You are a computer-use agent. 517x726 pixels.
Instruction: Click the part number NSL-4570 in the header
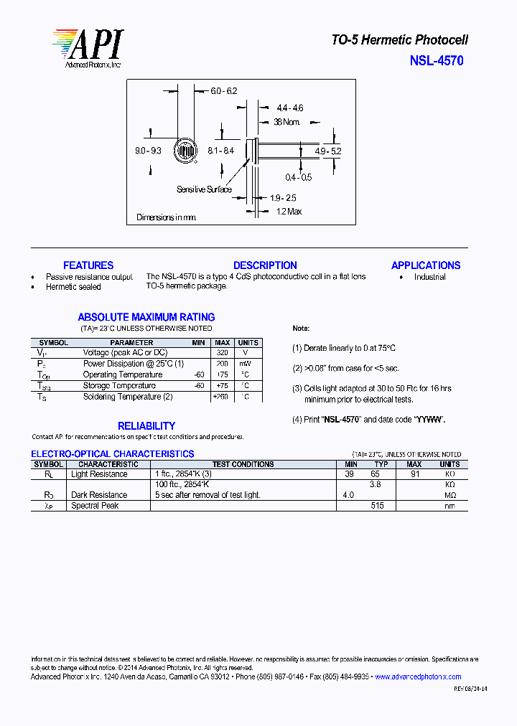pos(437,61)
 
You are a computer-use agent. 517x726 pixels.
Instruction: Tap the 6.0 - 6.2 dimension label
pos(223,91)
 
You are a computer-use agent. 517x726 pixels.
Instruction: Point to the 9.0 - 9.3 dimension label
pos(148,151)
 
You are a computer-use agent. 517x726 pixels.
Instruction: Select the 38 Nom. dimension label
pos(287,122)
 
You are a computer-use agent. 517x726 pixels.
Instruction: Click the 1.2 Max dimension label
pos(289,212)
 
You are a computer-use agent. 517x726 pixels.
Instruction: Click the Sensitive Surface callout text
pos(204,189)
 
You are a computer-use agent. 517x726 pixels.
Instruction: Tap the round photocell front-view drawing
pos(187,151)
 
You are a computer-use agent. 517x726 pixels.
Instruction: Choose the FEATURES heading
pos(88,265)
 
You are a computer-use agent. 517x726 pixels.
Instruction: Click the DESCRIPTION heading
pos(265,265)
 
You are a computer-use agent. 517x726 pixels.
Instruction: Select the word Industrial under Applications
pos(429,277)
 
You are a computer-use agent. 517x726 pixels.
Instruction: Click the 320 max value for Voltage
pos(222,353)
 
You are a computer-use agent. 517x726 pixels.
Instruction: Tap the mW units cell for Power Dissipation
pos(246,364)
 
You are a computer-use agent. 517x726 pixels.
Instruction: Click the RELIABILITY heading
pos(146,426)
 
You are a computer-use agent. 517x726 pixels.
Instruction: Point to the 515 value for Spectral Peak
pos(378,506)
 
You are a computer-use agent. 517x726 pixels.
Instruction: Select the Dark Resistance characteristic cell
pos(99,495)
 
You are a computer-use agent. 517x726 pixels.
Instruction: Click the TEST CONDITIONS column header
pos(243,464)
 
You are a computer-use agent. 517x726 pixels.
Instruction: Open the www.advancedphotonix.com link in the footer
pos(418,676)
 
